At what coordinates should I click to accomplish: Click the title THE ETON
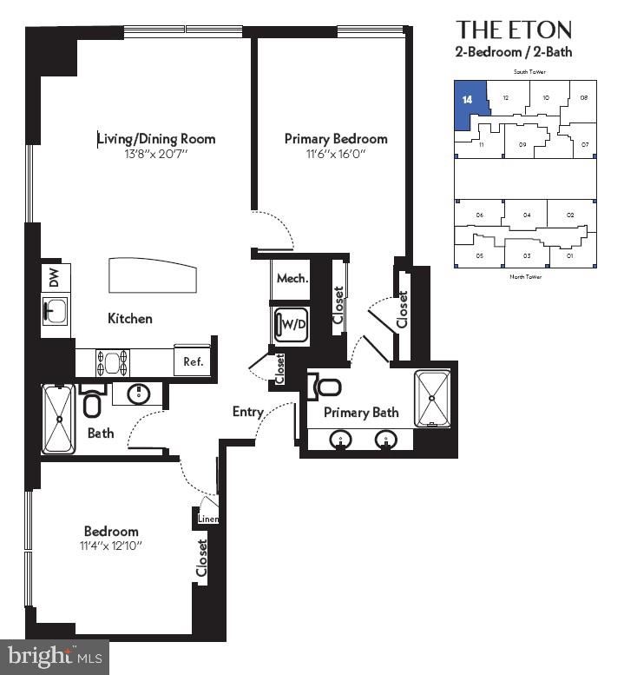click(514, 30)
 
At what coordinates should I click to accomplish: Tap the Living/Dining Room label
click(155, 139)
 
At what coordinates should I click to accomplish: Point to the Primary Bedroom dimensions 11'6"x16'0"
click(336, 154)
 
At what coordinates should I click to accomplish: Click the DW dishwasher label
click(54, 278)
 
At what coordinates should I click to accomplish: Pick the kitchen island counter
click(153, 276)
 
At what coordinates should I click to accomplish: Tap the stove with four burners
click(112, 361)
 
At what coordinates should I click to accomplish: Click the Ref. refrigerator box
click(193, 361)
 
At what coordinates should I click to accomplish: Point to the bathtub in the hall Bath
click(59, 419)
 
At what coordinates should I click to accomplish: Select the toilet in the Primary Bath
click(325, 386)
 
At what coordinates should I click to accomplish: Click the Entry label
click(247, 412)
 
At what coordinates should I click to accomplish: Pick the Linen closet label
click(208, 519)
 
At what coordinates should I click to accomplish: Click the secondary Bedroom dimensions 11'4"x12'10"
click(111, 546)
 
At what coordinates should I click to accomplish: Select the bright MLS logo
click(55, 656)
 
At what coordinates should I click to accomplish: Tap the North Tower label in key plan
click(524, 276)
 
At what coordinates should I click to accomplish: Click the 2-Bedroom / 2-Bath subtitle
click(514, 52)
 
